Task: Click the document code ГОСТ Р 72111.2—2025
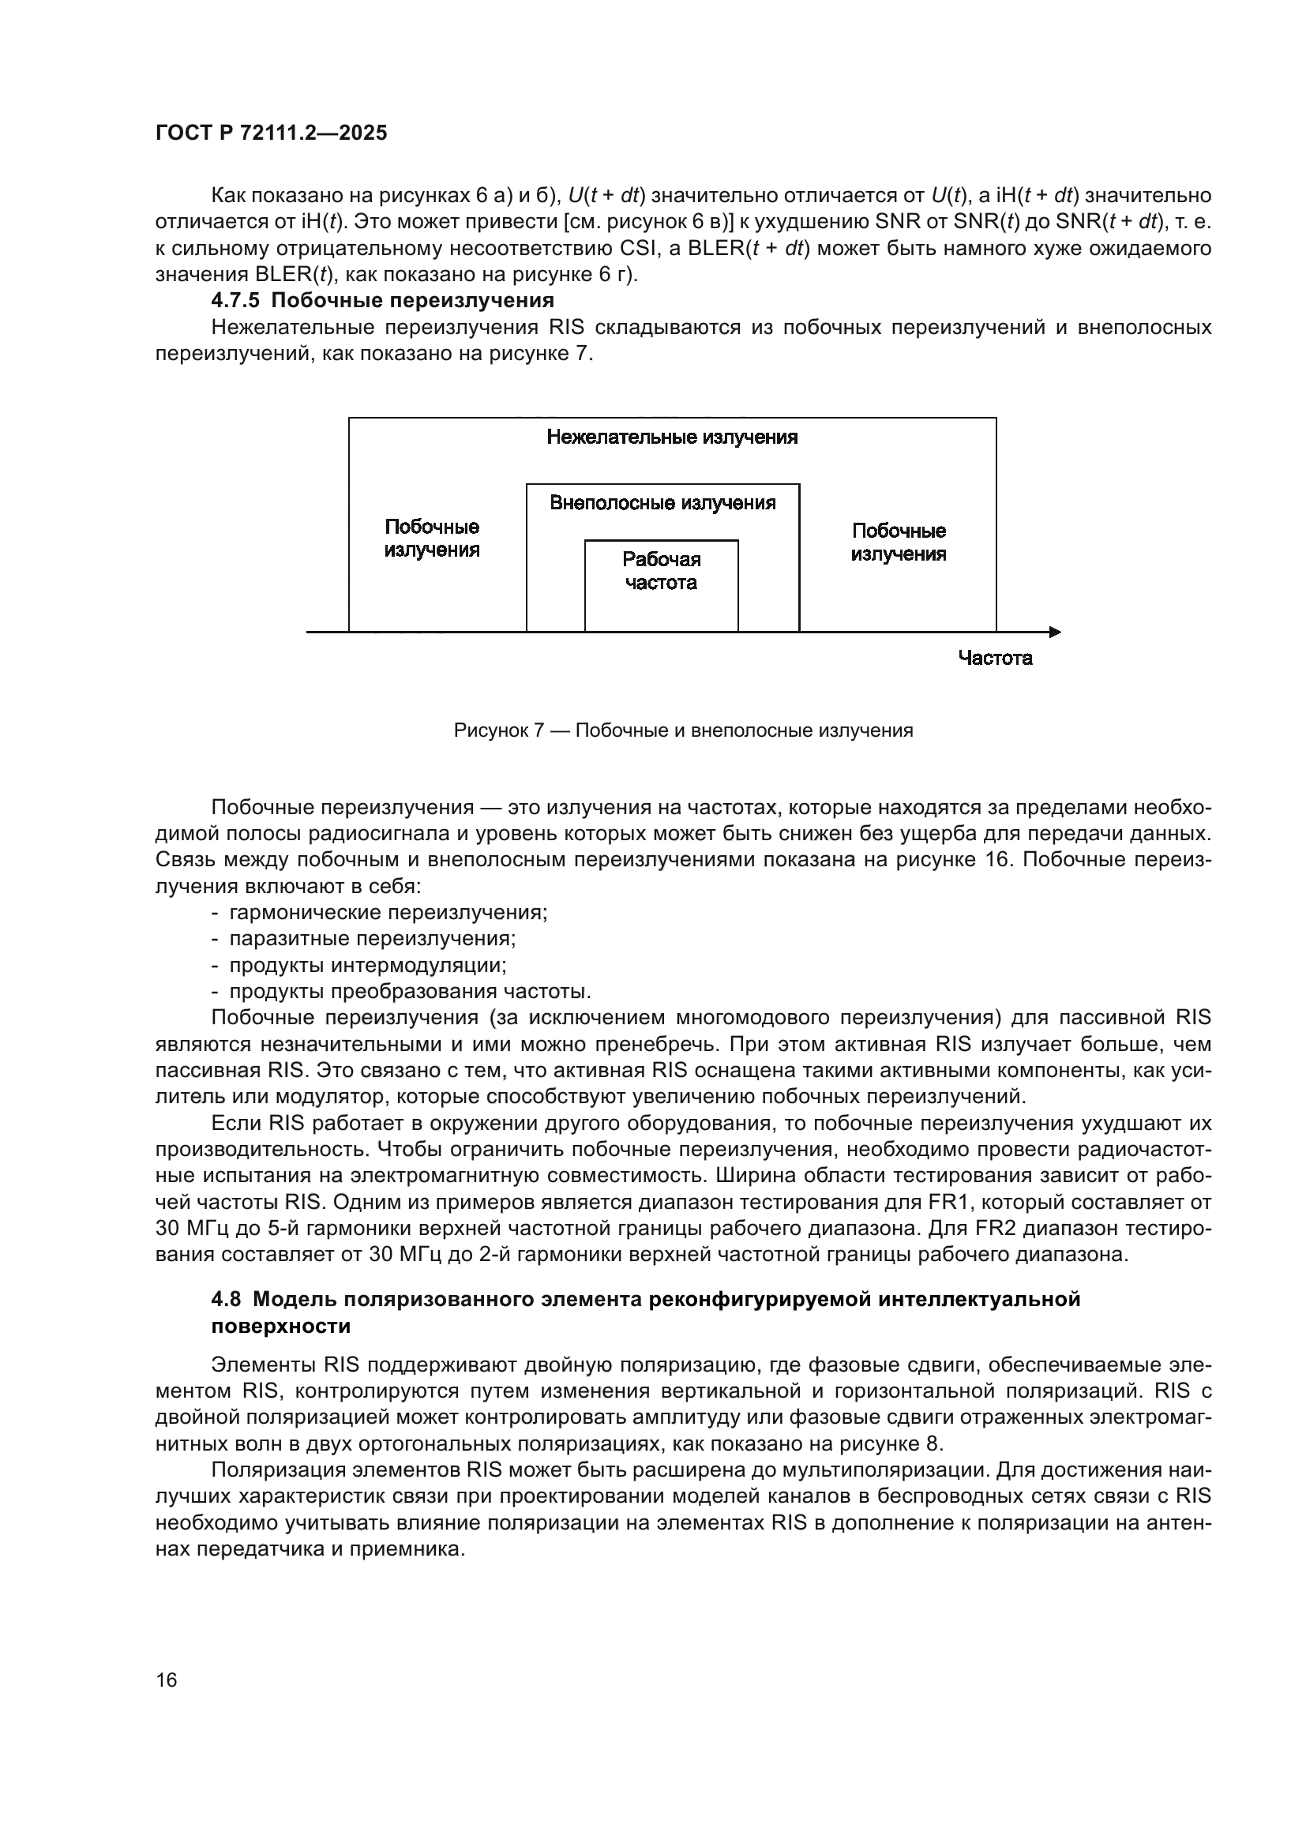[x=271, y=133]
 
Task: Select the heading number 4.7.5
[x=235, y=301]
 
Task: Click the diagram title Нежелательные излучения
[x=671, y=437]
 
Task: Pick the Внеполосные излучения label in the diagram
[x=662, y=504]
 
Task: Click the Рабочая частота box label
[x=661, y=571]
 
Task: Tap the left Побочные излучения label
[x=432, y=539]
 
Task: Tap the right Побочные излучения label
[x=899, y=542]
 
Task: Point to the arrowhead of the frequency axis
[x=1055, y=633]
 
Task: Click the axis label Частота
[x=995, y=659]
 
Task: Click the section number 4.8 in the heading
[x=226, y=1300]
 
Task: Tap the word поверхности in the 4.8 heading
[x=280, y=1327]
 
